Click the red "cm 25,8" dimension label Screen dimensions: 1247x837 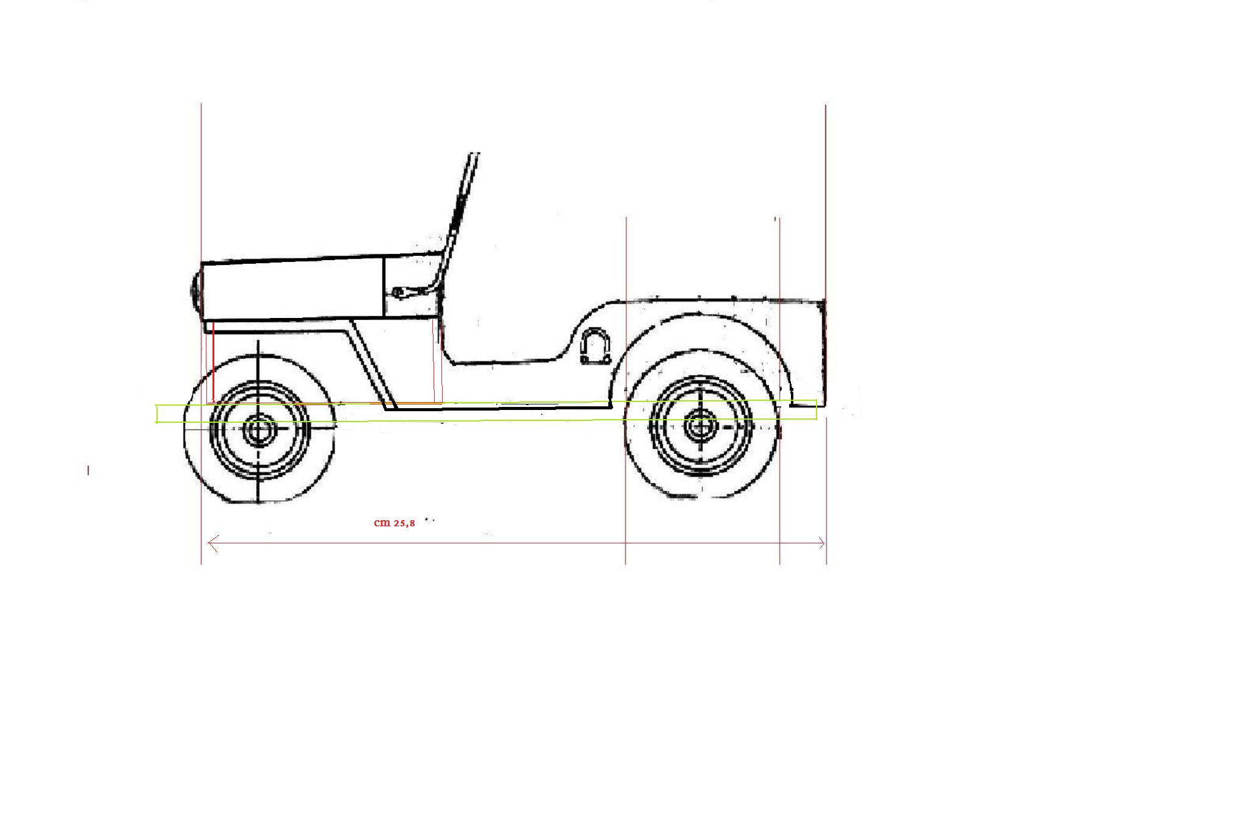pyautogui.click(x=395, y=523)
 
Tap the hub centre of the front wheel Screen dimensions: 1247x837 pyautogui.click(x=259, y=429)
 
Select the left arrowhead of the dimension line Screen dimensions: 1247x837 pyautogui.click(x=213, y=543)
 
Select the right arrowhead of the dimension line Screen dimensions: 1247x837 pyautogui.click(x=821, y=543)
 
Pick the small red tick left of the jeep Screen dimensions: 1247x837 pyautogui.click(x=88, y=470)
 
